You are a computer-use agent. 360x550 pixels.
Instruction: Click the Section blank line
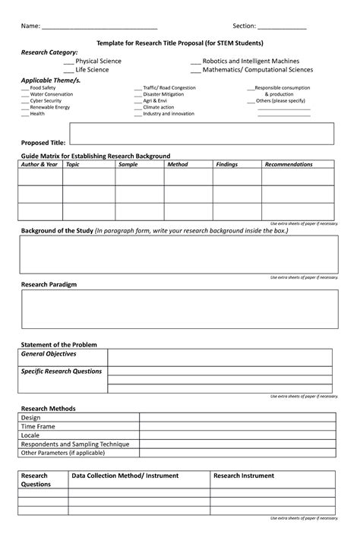(x=282, y=27)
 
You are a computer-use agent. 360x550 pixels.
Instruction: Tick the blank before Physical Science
(x=68, y=62)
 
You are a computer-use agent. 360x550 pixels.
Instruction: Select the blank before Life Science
(x=68, y=70)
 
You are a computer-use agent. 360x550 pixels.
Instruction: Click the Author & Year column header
(x=39, y=164)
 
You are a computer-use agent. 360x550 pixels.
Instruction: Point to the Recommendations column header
(x=289, y=164)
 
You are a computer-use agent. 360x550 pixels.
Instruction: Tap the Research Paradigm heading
(x=49, y=283)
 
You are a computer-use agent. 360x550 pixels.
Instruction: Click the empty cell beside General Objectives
(x=219, y=358)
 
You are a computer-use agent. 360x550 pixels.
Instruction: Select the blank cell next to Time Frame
(x=235, y=426)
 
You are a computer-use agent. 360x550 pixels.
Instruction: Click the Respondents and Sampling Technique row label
(x=75, y=444)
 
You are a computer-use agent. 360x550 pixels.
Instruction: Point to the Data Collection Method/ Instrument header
(x=125, y=476)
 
